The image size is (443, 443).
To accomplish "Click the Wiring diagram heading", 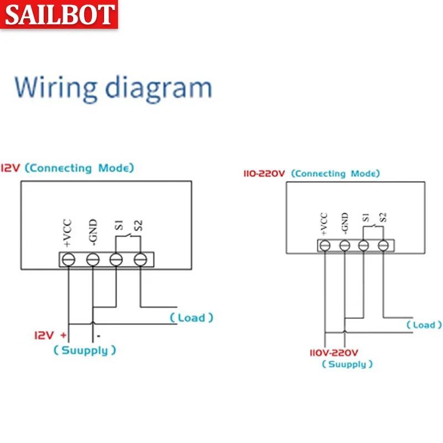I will (113, 87).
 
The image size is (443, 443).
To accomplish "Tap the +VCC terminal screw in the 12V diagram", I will (68, 259).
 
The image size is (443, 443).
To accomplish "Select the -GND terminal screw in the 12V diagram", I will (92, 259).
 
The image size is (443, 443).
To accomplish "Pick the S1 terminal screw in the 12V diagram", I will (116, 259).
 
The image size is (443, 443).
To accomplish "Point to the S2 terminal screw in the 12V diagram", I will (140, 259).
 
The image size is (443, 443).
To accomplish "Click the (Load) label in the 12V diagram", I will (191, 318).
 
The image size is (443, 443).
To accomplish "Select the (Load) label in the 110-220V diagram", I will (424, 325).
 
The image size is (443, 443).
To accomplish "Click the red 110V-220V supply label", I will (334, 352).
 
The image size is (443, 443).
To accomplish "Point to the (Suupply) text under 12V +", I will (85, 351).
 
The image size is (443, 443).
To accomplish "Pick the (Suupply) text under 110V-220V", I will (347, 364).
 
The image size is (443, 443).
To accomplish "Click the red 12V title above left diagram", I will (11, 168).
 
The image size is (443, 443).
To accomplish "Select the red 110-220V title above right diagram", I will (264, 174).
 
